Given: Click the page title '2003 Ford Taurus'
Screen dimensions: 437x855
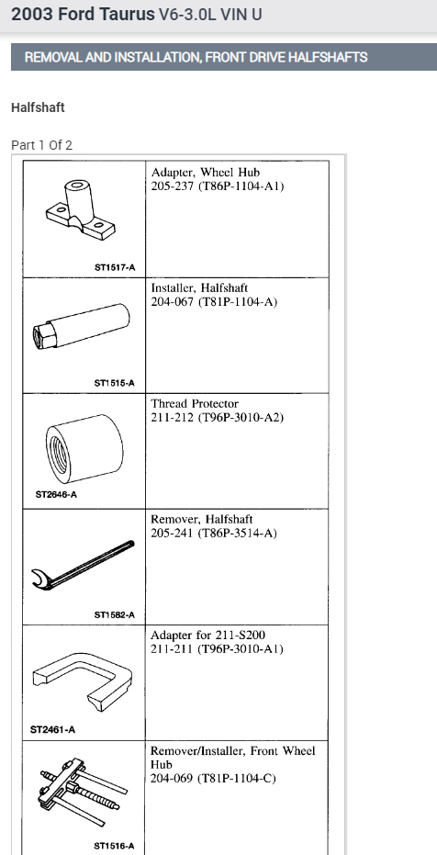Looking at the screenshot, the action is [x=83, y=14].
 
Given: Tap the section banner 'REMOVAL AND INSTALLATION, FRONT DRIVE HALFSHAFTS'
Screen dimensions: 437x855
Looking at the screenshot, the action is [x=196, y=57].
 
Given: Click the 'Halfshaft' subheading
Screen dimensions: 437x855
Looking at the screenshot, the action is [x=38, y=107].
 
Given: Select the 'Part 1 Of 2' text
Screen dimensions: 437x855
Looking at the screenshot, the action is [x=41, y=145].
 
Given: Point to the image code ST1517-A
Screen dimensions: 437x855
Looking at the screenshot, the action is [x=115, y=268].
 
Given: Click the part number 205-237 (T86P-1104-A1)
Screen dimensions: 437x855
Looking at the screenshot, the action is [x=218, y=186].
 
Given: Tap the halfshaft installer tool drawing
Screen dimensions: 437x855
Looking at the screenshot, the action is [x=82, y=327].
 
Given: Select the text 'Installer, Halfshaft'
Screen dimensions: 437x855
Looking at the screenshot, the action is [x=199, y=288].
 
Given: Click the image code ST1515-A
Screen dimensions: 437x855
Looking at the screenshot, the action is [x=115, y=383].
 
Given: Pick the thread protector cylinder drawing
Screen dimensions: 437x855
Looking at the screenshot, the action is [x=84, y=448].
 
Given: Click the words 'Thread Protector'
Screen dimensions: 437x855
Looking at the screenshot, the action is [x=195, y=404].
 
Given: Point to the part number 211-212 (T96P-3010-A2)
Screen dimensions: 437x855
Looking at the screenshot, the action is [x=218, y=418].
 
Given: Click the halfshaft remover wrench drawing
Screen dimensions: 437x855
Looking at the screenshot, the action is [x=82, y=566].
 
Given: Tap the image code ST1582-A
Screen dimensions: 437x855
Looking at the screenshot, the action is [x=115, y=615].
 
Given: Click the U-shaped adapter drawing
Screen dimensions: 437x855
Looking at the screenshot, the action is [x=83, y=681].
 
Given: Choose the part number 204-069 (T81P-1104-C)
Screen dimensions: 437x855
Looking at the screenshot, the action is [x=213, y=779].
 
